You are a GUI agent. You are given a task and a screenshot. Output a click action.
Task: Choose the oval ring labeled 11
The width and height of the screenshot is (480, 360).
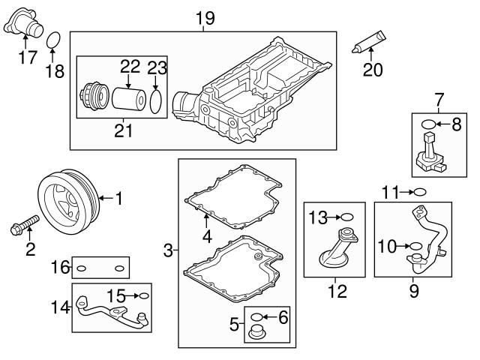tap(420, 193)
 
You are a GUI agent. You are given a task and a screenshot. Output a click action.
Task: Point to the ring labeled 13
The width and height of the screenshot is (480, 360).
tap(347, 217)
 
